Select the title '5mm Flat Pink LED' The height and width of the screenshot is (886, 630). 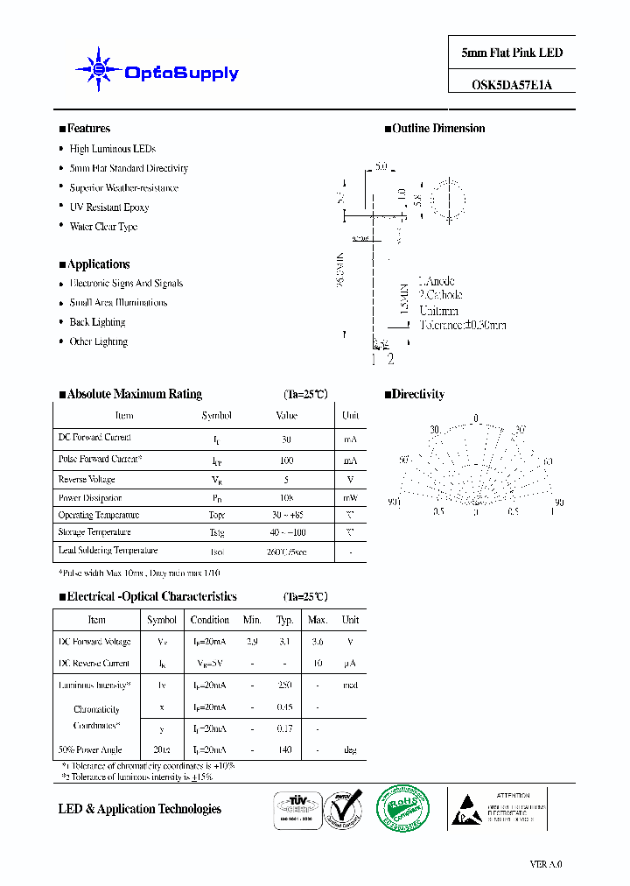[512, 53]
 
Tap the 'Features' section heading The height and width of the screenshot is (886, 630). [88, 129]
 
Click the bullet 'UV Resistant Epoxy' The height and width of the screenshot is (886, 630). [109, 207]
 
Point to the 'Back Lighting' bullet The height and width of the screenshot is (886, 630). [98, 322]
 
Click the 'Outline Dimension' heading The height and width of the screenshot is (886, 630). [438, 129]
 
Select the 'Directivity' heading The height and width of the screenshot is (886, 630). [418, 395]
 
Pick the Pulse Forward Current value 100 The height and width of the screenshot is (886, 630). [287, 460]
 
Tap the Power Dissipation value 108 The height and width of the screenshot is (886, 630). [287, 498]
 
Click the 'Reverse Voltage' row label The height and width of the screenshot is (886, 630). [87, 480]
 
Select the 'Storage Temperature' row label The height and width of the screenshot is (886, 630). [94, 532]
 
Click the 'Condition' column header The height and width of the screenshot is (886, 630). [210, 620]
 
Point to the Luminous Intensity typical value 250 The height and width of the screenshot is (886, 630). [284, 685]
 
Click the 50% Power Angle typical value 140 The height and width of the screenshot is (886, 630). [284, 750]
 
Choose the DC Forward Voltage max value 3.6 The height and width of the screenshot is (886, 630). [317, 643]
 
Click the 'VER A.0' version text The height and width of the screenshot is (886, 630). [546, 864]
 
